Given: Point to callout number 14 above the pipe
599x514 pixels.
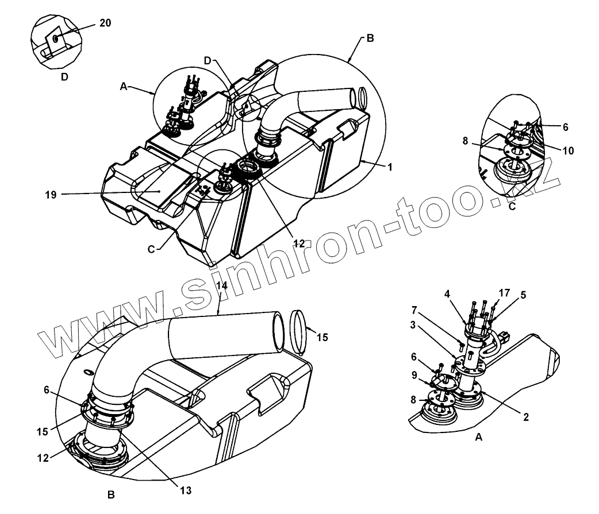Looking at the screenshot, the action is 222,285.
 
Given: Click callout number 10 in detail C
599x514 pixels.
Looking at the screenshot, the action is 567,151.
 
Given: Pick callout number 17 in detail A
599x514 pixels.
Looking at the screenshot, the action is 504,293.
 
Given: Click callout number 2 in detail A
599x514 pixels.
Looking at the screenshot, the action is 525,418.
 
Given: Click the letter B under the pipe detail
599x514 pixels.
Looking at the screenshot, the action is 112,494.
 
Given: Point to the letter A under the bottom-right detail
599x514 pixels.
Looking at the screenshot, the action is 478,437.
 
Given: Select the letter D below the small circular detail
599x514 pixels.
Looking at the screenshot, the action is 64,76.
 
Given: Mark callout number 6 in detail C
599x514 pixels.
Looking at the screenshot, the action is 565,127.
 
